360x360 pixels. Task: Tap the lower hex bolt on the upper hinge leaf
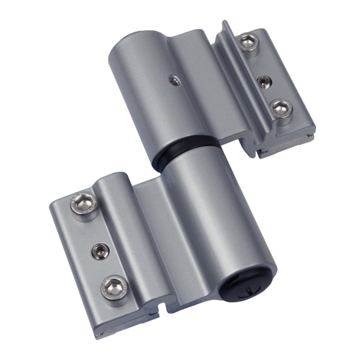tap(282, 108)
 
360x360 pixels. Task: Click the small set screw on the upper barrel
tap(173, 81)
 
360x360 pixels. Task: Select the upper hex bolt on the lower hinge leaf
tap(85, 206)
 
